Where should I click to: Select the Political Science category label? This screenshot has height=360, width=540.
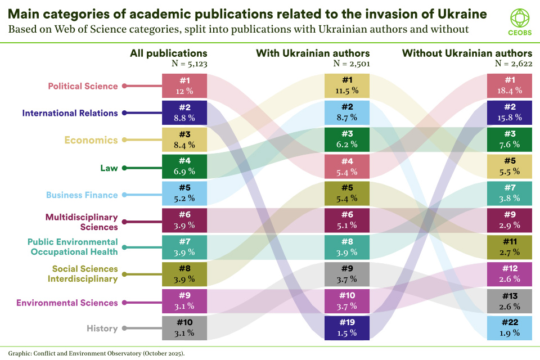point(83,86)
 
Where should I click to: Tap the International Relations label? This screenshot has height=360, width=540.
point(70,113)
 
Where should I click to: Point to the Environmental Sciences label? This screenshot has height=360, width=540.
point(67,303)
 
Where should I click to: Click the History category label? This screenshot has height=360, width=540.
point(102,328)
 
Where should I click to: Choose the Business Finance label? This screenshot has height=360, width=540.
point(82,195)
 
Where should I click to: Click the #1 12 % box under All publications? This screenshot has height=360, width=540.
point(184,86)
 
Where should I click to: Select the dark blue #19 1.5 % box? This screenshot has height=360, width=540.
point(346,328)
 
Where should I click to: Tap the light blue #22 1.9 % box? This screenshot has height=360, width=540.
point(510,328)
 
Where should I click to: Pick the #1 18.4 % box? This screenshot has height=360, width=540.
point(510,86)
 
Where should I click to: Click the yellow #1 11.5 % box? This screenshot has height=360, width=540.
point(346,86)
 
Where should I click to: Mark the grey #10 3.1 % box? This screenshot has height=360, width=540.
point(184,328)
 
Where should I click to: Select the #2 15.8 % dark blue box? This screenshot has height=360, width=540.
point(510,113)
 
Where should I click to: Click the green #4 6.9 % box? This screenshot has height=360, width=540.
point(184,167)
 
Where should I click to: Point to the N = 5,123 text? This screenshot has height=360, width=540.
point(189,64)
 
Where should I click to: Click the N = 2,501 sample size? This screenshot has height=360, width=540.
point(352,64)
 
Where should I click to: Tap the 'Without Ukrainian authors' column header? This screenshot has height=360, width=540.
point(467,53)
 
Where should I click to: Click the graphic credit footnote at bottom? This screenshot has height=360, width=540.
point(92,353)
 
